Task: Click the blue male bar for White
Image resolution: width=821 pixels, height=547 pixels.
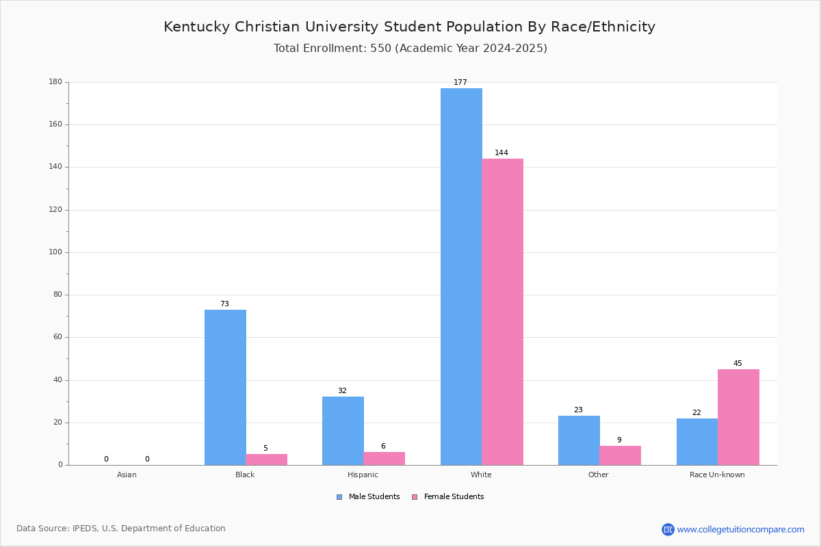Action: [461, 277]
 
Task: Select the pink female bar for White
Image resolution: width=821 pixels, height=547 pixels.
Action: [502, 312]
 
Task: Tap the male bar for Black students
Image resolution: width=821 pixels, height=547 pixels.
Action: [225, 388]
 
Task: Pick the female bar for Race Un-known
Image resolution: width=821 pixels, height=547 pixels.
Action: [738, 417]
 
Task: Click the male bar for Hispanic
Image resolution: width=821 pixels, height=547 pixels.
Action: [343, 431]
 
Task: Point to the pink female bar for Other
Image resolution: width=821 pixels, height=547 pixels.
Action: [620, 455]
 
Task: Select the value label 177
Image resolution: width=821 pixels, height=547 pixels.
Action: [460, 82]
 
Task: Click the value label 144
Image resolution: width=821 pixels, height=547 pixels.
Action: [501, 152]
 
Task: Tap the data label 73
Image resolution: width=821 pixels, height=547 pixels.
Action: [224, 304]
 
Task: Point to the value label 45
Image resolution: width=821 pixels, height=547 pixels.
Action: [738, 363]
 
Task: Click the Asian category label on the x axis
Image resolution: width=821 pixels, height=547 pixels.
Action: [127, 475]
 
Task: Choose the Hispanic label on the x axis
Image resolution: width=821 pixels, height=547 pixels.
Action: [363, 475]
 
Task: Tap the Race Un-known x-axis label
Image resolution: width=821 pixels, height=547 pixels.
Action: [717, 475]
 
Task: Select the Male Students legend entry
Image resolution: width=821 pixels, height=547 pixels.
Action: [368, 497]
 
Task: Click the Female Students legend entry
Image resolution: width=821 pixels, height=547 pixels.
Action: [448, 497]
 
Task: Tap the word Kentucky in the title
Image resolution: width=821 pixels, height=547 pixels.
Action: [196, 27]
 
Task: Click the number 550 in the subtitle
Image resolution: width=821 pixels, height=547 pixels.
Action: [381, 48]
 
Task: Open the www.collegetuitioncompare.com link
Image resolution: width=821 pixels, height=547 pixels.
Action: [740, 529]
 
